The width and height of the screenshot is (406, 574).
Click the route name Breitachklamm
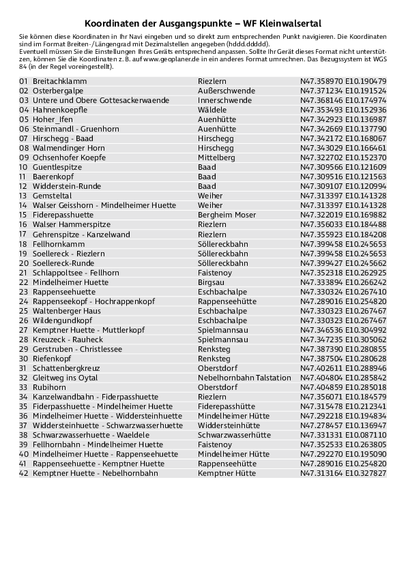pos(59,81)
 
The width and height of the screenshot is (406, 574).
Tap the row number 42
pos(23,472)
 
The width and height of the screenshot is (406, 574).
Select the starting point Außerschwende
pos(226,91)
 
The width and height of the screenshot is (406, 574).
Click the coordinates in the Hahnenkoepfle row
pos(343,110)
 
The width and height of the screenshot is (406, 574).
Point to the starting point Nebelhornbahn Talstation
pos(244,377)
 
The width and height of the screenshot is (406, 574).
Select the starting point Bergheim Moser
pos(227,215)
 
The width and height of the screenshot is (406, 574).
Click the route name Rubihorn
pos(48,387)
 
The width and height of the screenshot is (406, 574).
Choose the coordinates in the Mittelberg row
pos(343,157)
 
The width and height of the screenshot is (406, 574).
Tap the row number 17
pos(23,234)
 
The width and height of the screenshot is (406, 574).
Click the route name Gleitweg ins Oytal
pos(65,377)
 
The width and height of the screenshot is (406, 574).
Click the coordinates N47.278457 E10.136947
pos(343,425)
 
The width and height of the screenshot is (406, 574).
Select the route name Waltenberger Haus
pos(66,310)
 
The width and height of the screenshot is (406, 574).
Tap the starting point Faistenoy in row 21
pos(214,272)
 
